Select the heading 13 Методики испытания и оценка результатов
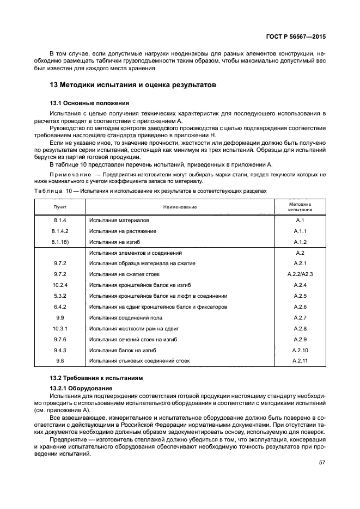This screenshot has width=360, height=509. (133, 85)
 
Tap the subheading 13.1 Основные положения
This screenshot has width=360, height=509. (89, 102)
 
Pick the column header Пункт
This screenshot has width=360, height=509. (59, 206)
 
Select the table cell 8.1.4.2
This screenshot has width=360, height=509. (59, 231)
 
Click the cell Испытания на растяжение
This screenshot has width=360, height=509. (123, 231)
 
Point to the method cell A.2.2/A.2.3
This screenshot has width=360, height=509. (300, 274)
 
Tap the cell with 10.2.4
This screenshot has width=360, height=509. (59, 285)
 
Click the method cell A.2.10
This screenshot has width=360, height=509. (300, 350)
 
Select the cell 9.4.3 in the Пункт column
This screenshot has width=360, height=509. (59, 350)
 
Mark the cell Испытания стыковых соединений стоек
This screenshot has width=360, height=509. (139, 361)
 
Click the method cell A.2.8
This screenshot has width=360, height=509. (300, 328)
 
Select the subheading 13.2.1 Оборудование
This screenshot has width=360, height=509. (81, 387)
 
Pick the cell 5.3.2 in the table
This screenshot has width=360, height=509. (59, 296)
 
